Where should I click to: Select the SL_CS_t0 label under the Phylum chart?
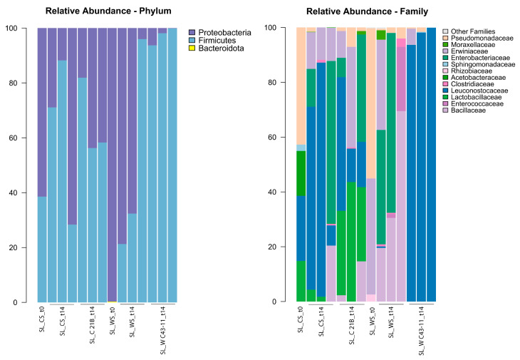41,324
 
